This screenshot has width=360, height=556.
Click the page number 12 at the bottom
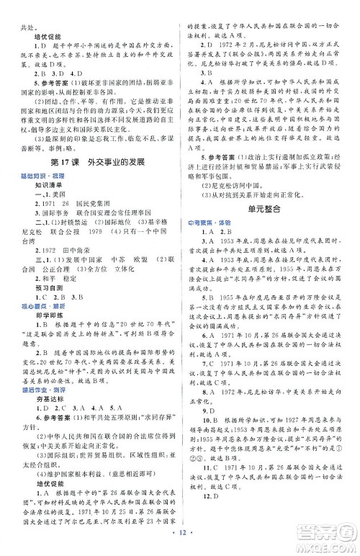pos(181,541)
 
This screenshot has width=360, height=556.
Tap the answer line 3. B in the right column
pos(207,72)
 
